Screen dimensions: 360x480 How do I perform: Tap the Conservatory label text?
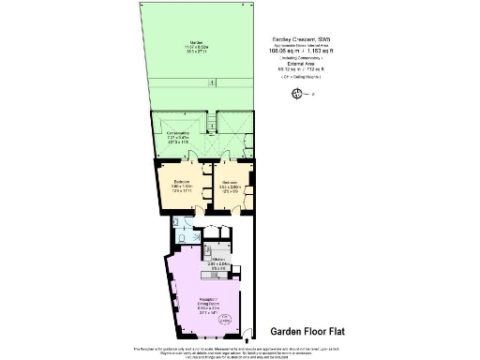click(x=178, y=133)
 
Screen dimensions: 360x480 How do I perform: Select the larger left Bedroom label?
click(x=182, y=181)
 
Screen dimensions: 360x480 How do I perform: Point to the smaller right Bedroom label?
click(x=230, y=181)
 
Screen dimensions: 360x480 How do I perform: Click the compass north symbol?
click(x=298, y=93)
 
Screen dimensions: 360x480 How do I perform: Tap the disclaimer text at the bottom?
click(x=240, y=350)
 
